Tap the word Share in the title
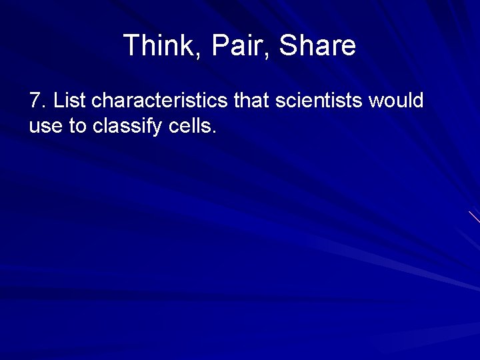point(317,46)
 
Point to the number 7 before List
point(35,101)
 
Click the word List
point(69,101)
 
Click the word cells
point(191,126)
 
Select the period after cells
point(214,132)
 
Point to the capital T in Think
point(131,46)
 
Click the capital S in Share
point(288,46)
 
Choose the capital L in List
point(58,101)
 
